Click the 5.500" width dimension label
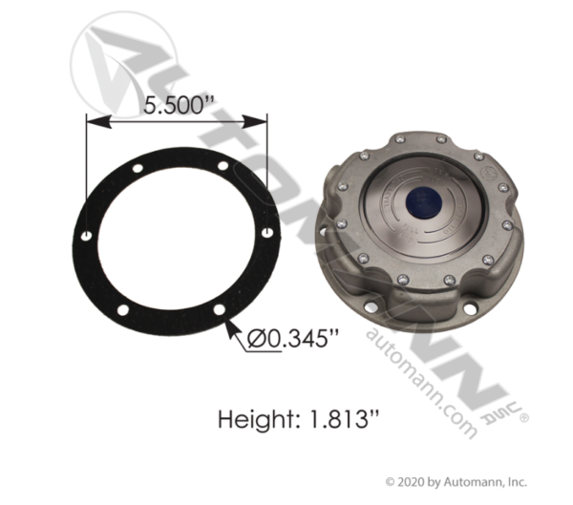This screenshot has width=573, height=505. coord(178,105)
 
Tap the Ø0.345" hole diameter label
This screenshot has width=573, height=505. coord(293,339)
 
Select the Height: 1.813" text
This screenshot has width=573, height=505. coord(298,419)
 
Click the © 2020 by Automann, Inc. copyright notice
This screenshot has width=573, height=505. coord(456,482)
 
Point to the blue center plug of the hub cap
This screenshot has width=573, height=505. coord(424,204)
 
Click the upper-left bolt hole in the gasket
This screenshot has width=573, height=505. coord(138,168)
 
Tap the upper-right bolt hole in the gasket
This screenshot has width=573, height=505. coord(223,166)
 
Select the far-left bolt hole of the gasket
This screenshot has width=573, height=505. coord(87,236)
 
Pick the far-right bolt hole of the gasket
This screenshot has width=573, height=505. coord(268,232)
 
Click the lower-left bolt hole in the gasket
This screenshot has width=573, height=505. coord(123,310)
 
